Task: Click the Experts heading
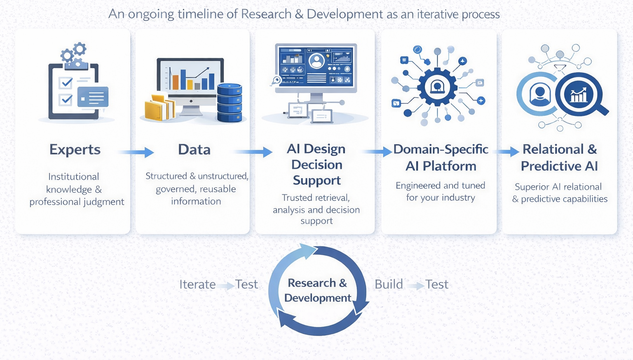[x=75, y=150]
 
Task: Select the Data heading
[x=195, y=150]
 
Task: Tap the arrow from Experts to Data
[x=136, y=152]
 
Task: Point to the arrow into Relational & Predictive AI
[x=507, y=152]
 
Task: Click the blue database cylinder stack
[x=230, y=103]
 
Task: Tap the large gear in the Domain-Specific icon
[x=437, y=87]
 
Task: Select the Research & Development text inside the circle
[x=317, y=290]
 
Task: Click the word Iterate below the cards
[x=197, y=285]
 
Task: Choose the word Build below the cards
[x=389, y=285]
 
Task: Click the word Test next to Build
[x=436, y=285]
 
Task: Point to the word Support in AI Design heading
[x=317, y=181]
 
